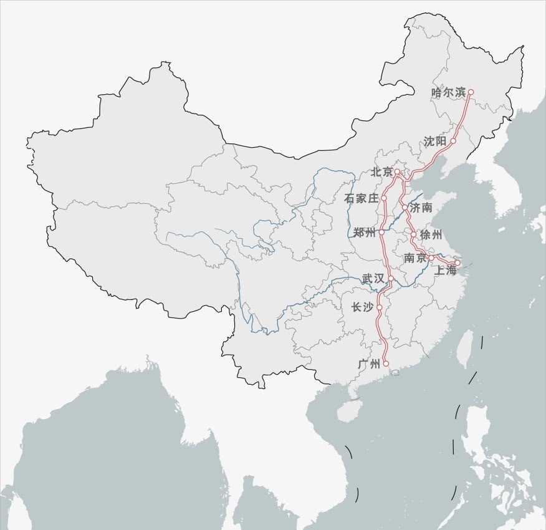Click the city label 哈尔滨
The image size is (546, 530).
point(449,92)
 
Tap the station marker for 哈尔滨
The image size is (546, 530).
point(471,92)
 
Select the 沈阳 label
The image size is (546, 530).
point(435,142)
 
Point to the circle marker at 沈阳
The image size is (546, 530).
point(453,141)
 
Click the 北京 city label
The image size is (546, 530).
point(382,171)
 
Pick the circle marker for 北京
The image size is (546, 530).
point(397,171)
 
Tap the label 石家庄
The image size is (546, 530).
point(362,198)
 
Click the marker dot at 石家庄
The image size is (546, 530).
point(385,198)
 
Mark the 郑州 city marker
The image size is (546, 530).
point(381,231)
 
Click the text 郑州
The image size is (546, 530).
point(365,233)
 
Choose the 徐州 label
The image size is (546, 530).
point(431,235)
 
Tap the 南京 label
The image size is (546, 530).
point(415,258)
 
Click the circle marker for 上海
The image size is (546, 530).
point(457,263)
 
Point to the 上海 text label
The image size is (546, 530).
point(446,270)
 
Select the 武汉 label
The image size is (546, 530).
point(373,279)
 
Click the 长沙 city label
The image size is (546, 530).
point(362,307)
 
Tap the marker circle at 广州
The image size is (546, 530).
point(386,364)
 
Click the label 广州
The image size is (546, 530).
point(370,364)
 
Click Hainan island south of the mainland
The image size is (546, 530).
point(348,411)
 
